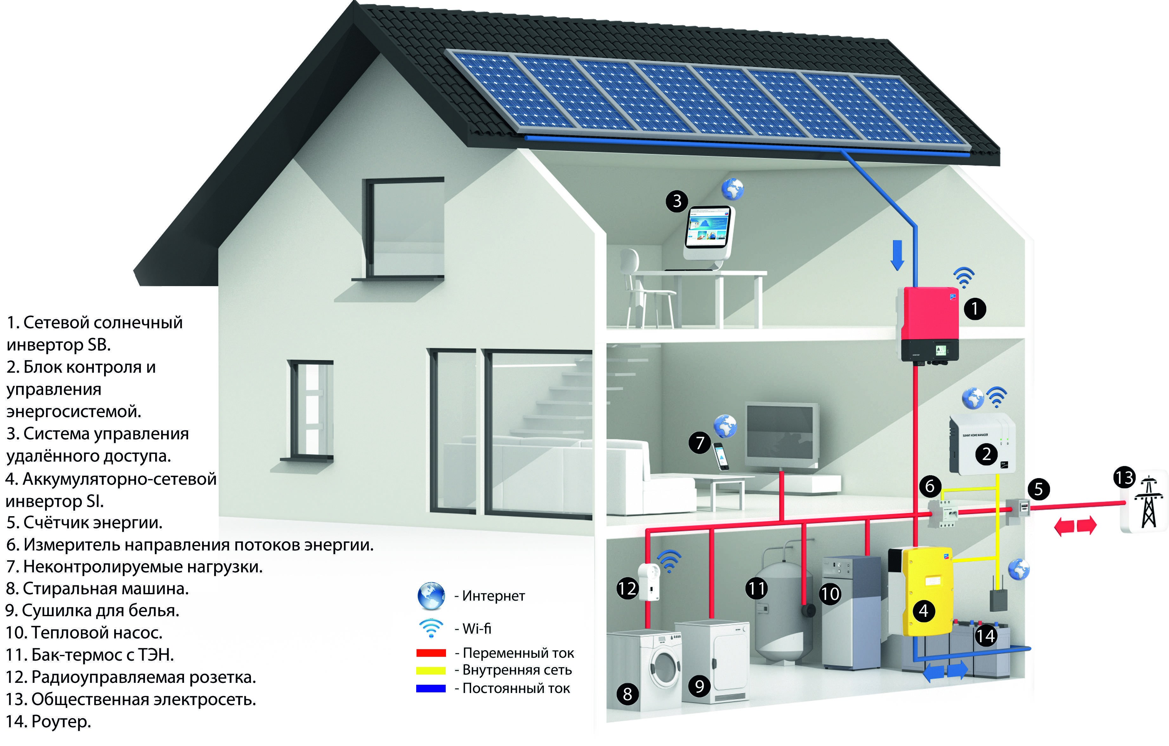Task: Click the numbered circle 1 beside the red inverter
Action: pos(975,309)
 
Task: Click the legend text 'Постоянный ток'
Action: pos(516,689)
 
